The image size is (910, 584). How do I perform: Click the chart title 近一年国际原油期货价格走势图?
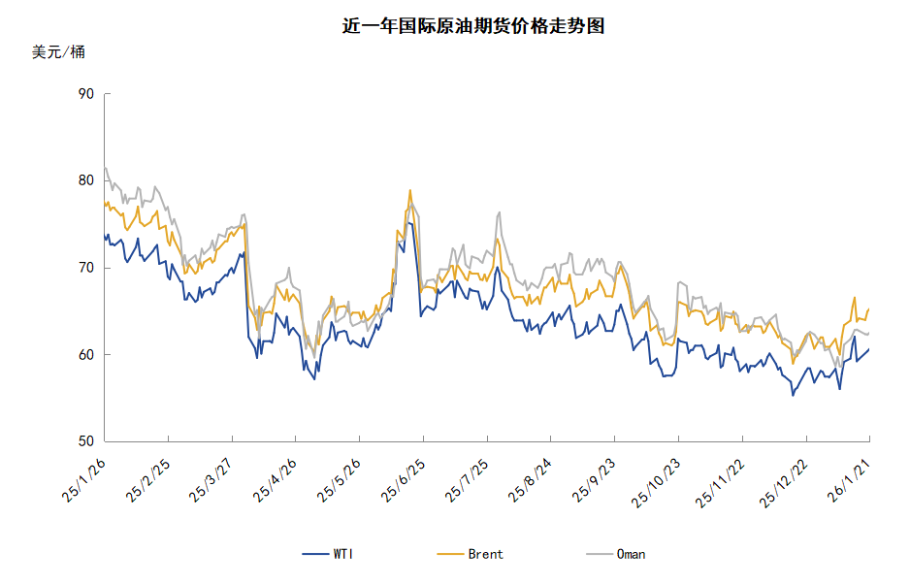pos(473,26)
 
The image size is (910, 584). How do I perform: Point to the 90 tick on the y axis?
pos(85,94)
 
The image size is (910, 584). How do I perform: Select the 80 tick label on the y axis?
pos(85,180)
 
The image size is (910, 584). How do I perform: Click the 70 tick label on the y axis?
pos(85,268)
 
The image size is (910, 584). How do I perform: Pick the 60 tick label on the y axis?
pos(85,355)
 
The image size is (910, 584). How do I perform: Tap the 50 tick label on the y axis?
pos(85,441)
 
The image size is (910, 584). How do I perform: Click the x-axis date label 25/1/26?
pos(84,481)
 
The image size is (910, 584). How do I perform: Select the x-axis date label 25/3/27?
pos(211,481)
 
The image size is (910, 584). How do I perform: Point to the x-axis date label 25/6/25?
pos(402,481)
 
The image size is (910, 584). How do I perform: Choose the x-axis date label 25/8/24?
pos(529,481)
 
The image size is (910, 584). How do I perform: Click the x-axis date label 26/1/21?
pos(846,481)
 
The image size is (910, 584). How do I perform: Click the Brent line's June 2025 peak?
pos(410,190)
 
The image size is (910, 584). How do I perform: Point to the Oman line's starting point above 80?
pos(105,169)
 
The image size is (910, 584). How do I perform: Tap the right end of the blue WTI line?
pos(868,349)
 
